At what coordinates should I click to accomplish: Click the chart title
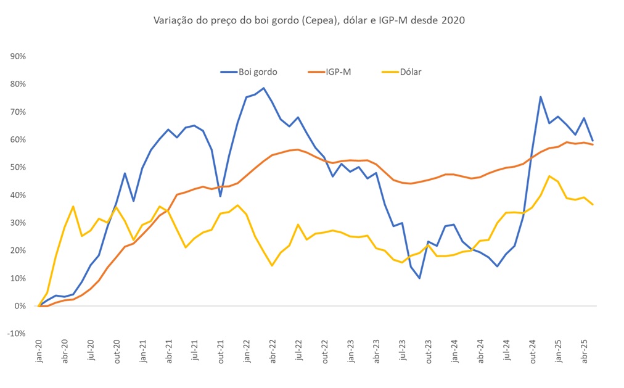308,20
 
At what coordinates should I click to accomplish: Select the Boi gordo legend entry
257,72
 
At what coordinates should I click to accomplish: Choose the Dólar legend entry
409,72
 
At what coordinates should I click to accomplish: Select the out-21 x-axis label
221,351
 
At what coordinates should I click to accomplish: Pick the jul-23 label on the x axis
402,351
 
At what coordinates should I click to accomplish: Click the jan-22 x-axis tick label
247,351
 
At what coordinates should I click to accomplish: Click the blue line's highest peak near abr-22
264,88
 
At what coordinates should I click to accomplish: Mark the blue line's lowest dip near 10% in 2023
419,278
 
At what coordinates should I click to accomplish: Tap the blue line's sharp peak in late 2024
541,97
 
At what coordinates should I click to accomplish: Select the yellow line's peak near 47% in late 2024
549,176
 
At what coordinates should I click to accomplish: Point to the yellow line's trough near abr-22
272,265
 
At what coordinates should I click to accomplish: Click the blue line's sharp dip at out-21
220,196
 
